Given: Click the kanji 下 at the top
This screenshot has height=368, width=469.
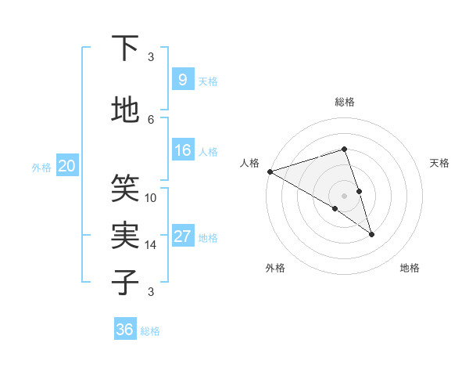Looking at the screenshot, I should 125,49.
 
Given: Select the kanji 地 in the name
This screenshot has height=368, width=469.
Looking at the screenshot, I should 125,110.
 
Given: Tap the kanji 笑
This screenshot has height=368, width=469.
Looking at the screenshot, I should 125,188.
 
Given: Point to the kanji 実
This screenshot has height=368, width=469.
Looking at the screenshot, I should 125,235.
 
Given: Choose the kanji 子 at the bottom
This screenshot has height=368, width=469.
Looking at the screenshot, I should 125,281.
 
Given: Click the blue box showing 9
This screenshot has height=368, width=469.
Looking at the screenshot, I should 182,80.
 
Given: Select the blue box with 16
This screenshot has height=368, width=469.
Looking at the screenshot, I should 182,150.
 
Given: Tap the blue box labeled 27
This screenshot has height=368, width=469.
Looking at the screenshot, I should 182,236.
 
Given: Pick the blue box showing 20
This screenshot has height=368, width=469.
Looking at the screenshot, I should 67,166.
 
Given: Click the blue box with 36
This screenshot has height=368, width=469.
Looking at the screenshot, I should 125,330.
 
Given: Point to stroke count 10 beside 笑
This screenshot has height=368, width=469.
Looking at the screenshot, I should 151,197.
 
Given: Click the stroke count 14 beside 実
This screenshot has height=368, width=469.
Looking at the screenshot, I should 151,244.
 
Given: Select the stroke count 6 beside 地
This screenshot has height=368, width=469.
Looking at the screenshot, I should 151,119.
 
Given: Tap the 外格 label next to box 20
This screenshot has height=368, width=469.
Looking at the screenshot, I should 41,167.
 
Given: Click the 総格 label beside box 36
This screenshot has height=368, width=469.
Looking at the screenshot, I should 150,331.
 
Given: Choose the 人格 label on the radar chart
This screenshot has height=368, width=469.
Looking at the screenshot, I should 250,163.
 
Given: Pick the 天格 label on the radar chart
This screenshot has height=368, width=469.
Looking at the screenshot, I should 439,163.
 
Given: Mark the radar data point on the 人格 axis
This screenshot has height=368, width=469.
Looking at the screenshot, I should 270,171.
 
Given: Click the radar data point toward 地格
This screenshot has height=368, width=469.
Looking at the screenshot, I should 371,234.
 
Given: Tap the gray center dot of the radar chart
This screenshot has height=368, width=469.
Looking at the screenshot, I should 344,195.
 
